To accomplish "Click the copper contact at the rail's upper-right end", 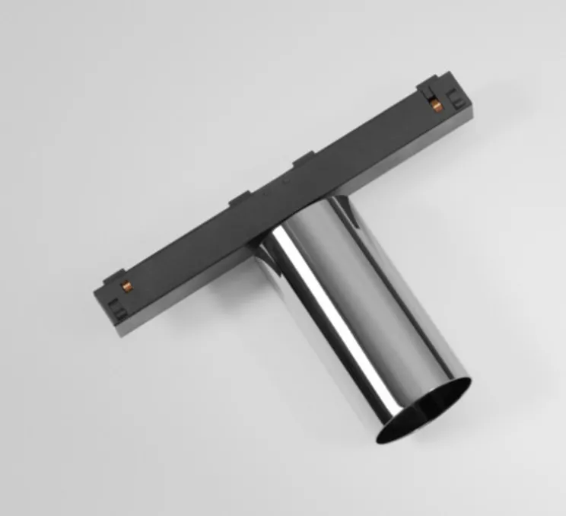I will [436, 104].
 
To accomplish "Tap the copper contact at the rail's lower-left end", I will [128, 286].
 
